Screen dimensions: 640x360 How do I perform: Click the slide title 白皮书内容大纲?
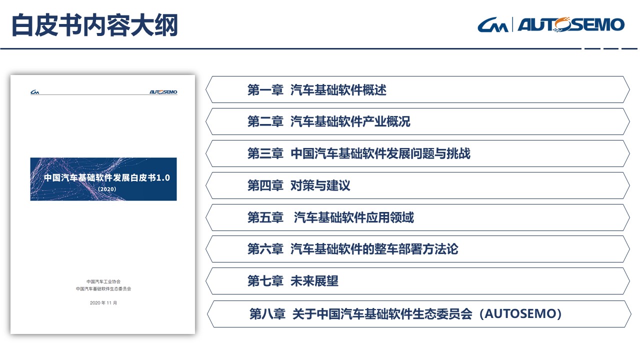[x=94, y=25]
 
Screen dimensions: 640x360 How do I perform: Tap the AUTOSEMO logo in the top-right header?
[x=571, y=24]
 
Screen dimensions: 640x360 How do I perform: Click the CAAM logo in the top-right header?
[x=493, y=25]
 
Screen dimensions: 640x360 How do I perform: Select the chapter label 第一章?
[x=265, y=89]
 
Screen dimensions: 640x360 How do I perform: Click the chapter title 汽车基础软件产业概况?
[x=350, y=121]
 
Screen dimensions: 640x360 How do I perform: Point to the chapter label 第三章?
[x=265, y=153]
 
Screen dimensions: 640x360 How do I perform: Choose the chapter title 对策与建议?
[x=320, y=185]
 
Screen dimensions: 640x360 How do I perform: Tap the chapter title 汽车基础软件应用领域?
[x=353, y=217]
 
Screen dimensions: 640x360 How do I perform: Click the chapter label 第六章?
[x=265, y=249]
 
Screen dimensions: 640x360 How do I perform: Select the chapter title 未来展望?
[x=314, y=281]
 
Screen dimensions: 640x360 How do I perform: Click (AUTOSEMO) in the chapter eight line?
[x=520, y=313]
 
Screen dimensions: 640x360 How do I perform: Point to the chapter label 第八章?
[x=267, y=313]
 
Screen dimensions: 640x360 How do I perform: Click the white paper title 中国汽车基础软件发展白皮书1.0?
[x=107, y=177]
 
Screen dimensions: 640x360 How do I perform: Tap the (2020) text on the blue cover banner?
[x=107, y=189]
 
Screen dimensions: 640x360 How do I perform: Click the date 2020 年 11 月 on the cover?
[x=103, y=303]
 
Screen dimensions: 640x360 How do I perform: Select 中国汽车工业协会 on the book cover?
[x=103, y=281]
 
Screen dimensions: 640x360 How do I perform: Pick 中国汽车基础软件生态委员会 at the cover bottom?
[x=103, y=289]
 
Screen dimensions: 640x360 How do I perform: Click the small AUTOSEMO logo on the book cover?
[x=163, y=92]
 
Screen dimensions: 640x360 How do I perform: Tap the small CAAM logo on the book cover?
[x=35, y=92]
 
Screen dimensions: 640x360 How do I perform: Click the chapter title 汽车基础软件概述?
[x=338, y=89]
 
